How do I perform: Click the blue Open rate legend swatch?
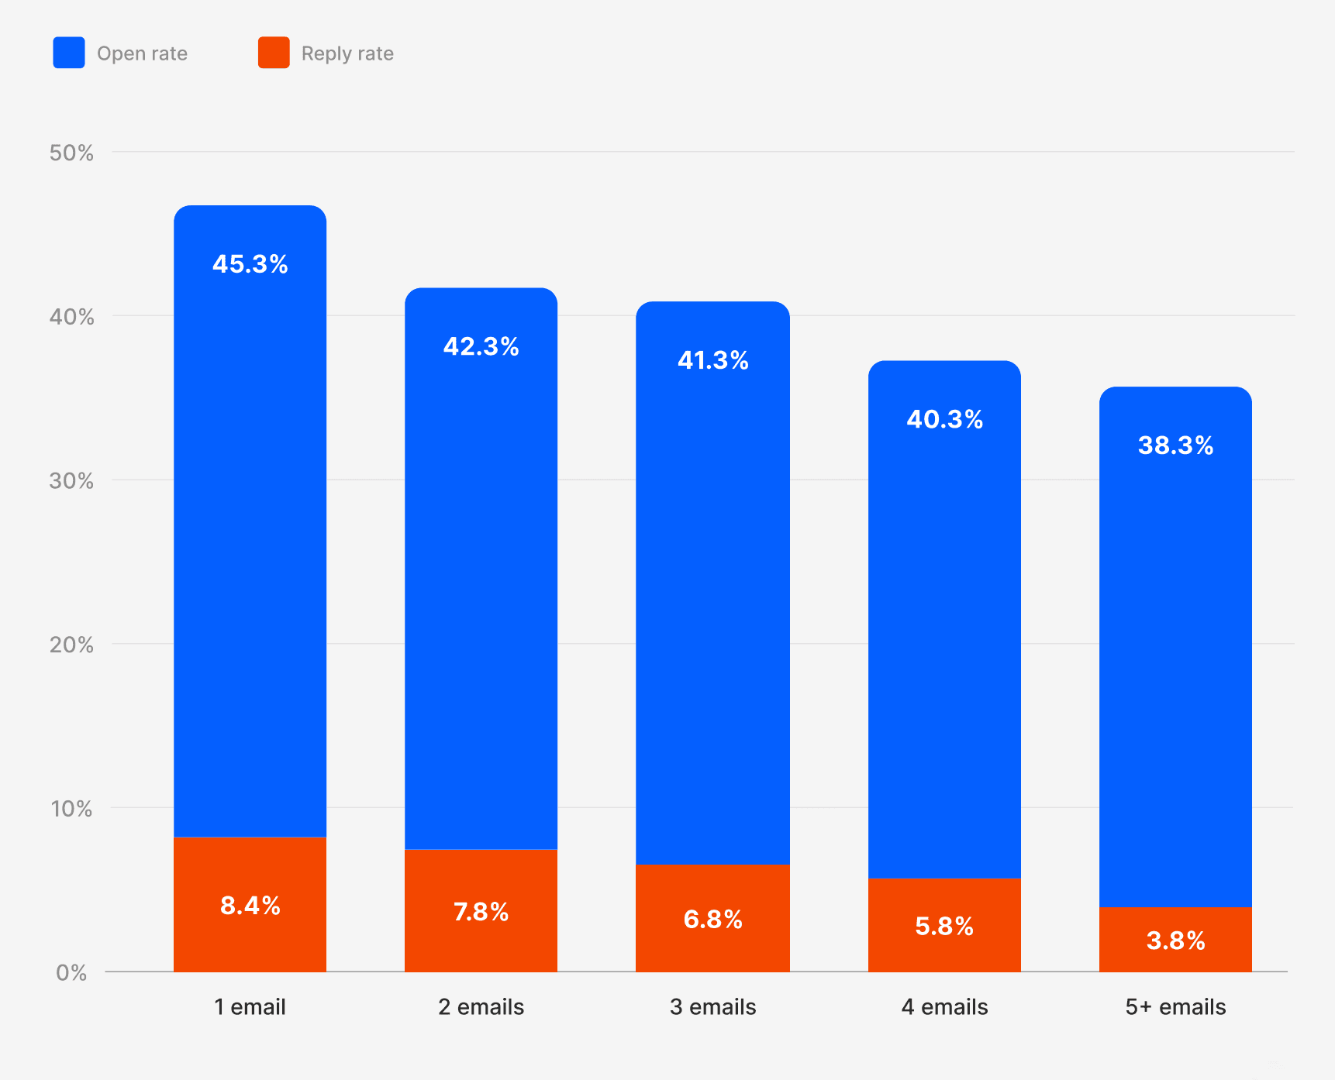pyautogui.click(x=69, y=53)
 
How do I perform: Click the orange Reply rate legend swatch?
pyautogui.click(x=274, y=53)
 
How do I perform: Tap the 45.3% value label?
pyautogui.click(x=250, y=264)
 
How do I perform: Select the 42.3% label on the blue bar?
pyautogui.click(x=481, y=346)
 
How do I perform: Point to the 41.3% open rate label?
pyautogui.click(x=712, y=360)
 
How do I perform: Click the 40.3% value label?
pyautogui.click(x=944, y=419)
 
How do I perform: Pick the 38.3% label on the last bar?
pyautogui.click(x=1175, y=445)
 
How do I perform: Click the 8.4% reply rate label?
pyautogui.click(x=250, y=905)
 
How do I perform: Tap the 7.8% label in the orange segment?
pyautogui.click(x=481, y=912)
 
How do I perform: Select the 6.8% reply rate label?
pyautogui.click(x=712, y=920)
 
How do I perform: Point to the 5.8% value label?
pyautogui.click(x=944, y=927)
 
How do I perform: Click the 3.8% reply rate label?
pyautogui.click(x=1175, y=941)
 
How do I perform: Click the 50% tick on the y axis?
pyautogui.click(x=71, y=153)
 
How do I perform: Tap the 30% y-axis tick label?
pyautogui.click(x=71, y=481)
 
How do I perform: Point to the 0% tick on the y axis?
pyautogui.click(x=71, y=973)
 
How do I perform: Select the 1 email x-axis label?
pyautogui.click(x=250, y=1007)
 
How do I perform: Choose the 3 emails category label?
pyautogui.click(x=712, y=1007)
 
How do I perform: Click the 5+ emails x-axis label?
pyautogui.click(x=1175, y=1007)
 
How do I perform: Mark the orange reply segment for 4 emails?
pyautogui.click(x=944, y=925)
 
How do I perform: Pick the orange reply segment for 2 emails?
pyautogui.click(x=481, y=911)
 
